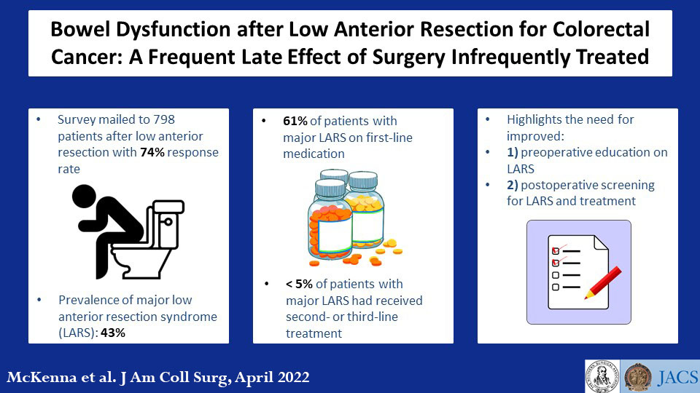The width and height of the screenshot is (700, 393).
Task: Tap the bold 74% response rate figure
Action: click(153, 153)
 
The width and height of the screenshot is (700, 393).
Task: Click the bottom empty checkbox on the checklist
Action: click(555, 287)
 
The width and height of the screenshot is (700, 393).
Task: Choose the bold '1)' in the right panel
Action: click(516, 153)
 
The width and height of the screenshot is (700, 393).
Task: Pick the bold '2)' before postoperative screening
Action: click(516, 185)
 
